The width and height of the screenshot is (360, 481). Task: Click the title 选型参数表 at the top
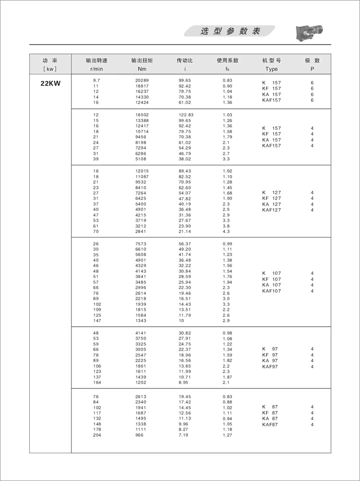(x=230, y=31)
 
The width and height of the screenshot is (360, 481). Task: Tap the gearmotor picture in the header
(x=307, y=32)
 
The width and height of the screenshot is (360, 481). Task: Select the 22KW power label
(x=50, y=84)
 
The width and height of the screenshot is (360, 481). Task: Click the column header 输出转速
(x=97, y=60)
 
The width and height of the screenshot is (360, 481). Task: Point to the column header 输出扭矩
(x=141, y=60)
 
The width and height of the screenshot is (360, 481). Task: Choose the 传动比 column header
(x=185, y=60)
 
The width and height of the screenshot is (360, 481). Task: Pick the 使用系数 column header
(x=228, y=60)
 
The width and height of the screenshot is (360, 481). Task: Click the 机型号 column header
(x=272, y=60)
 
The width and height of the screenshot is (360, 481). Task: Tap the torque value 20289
(x=142, y=81)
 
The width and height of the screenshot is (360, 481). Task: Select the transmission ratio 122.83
(x=186, y=115)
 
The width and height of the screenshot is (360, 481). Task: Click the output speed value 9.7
(x=97, y=81)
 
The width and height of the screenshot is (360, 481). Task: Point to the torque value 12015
(x=142, y=171)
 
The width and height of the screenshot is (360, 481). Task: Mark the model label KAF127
(x=272, y=210)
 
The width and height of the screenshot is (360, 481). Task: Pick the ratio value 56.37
(x=185, y=243)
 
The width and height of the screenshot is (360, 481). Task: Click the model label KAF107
(x=272, y=291)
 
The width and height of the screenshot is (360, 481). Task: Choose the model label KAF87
(x=270, y=425)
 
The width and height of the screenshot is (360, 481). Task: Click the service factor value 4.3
(x=226, y=231)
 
